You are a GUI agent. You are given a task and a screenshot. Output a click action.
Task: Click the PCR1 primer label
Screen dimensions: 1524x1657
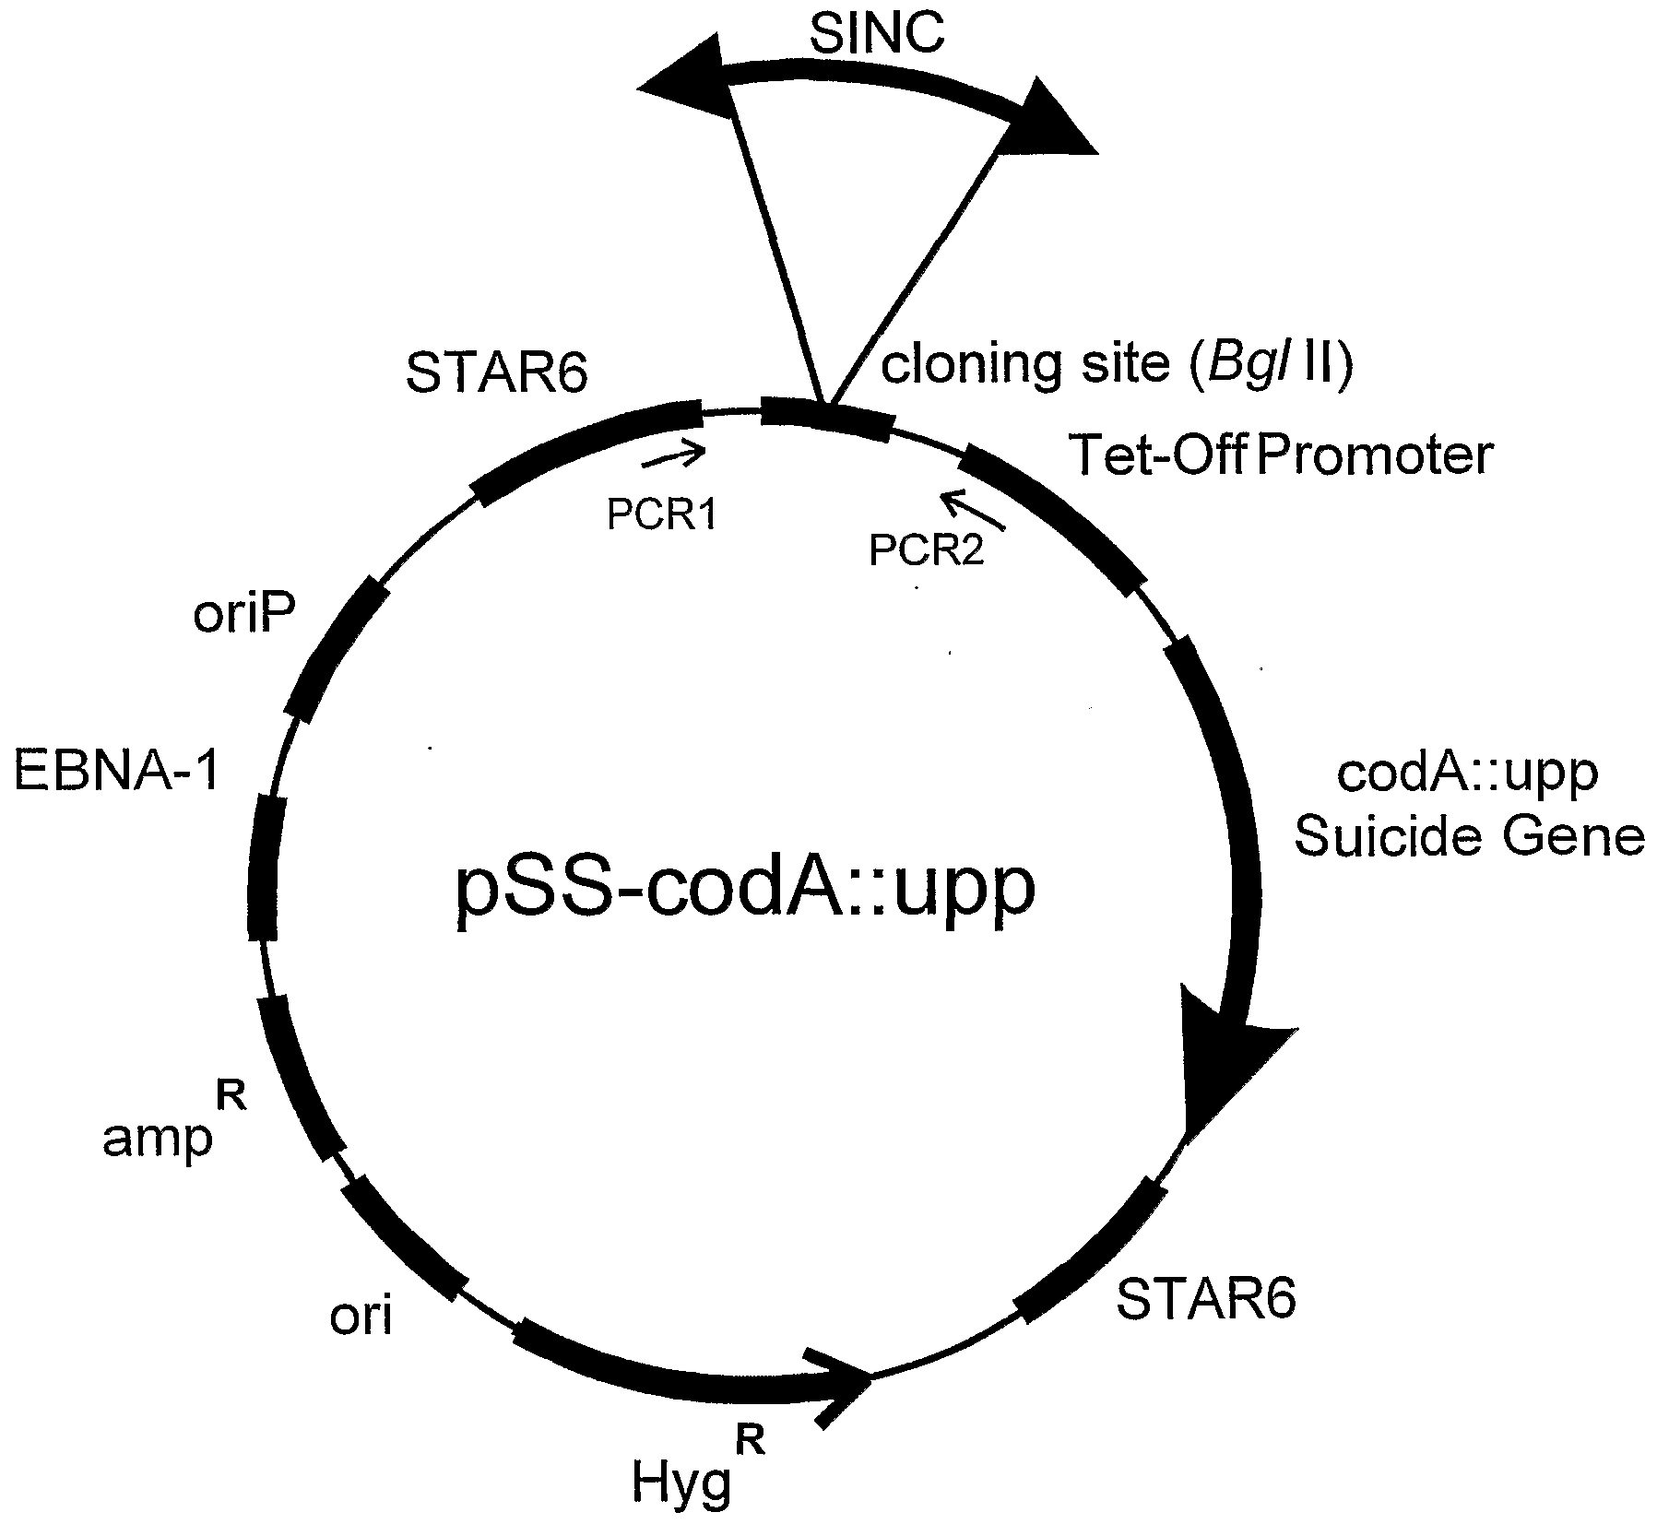tap(660, 514)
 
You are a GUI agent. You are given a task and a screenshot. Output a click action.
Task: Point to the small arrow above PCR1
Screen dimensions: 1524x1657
tap(673, 454)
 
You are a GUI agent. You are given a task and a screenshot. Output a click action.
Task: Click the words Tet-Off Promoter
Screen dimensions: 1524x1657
tap(1280, 455)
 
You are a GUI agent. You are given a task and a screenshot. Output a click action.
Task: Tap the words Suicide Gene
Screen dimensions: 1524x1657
tap(1469, 837)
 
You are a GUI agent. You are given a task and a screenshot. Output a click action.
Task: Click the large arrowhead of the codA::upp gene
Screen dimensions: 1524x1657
tap(1226, 1060)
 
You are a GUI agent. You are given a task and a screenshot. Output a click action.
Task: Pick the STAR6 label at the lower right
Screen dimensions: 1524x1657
tap(1205, 1299)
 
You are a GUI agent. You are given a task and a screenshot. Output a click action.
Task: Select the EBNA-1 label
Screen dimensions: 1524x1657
tap(117, 771)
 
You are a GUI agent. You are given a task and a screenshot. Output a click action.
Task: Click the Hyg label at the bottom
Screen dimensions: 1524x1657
tap(682, 1482)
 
